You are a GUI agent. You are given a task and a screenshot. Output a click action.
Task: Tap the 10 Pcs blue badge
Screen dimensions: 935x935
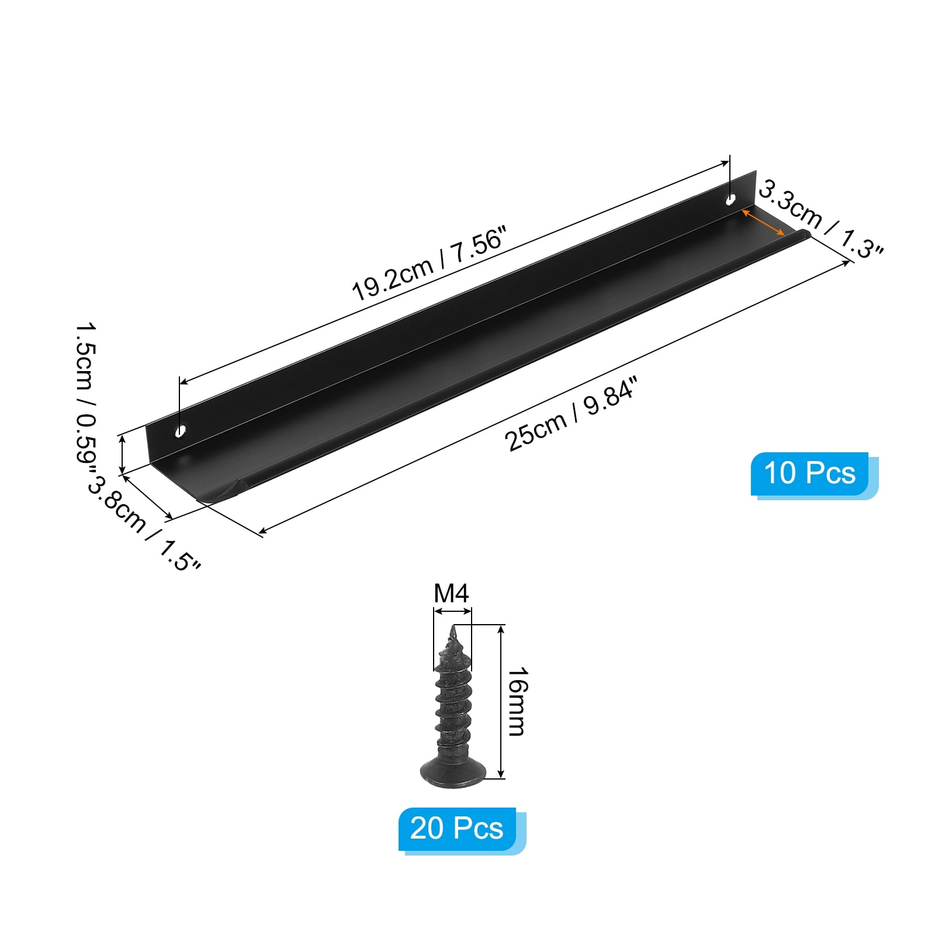(810, 473)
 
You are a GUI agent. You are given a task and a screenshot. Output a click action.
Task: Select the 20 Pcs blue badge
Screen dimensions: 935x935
(457, 829)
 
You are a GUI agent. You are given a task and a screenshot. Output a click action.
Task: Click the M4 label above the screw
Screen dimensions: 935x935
(451, 594)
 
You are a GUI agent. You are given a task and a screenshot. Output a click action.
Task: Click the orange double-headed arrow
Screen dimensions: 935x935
(763, 222)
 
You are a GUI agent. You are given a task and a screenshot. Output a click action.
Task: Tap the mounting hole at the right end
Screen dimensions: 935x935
(730, 200)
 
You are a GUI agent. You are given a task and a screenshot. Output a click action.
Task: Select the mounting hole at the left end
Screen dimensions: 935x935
(181, 431)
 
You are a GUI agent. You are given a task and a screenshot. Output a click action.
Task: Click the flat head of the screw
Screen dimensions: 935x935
(453, 772)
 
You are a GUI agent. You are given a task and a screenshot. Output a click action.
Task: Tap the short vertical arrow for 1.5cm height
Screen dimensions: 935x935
(122, 454)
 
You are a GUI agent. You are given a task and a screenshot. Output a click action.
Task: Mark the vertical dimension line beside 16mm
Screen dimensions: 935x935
(501, 701)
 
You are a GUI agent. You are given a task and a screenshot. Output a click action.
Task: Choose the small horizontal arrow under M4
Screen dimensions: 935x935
(452, 611)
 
